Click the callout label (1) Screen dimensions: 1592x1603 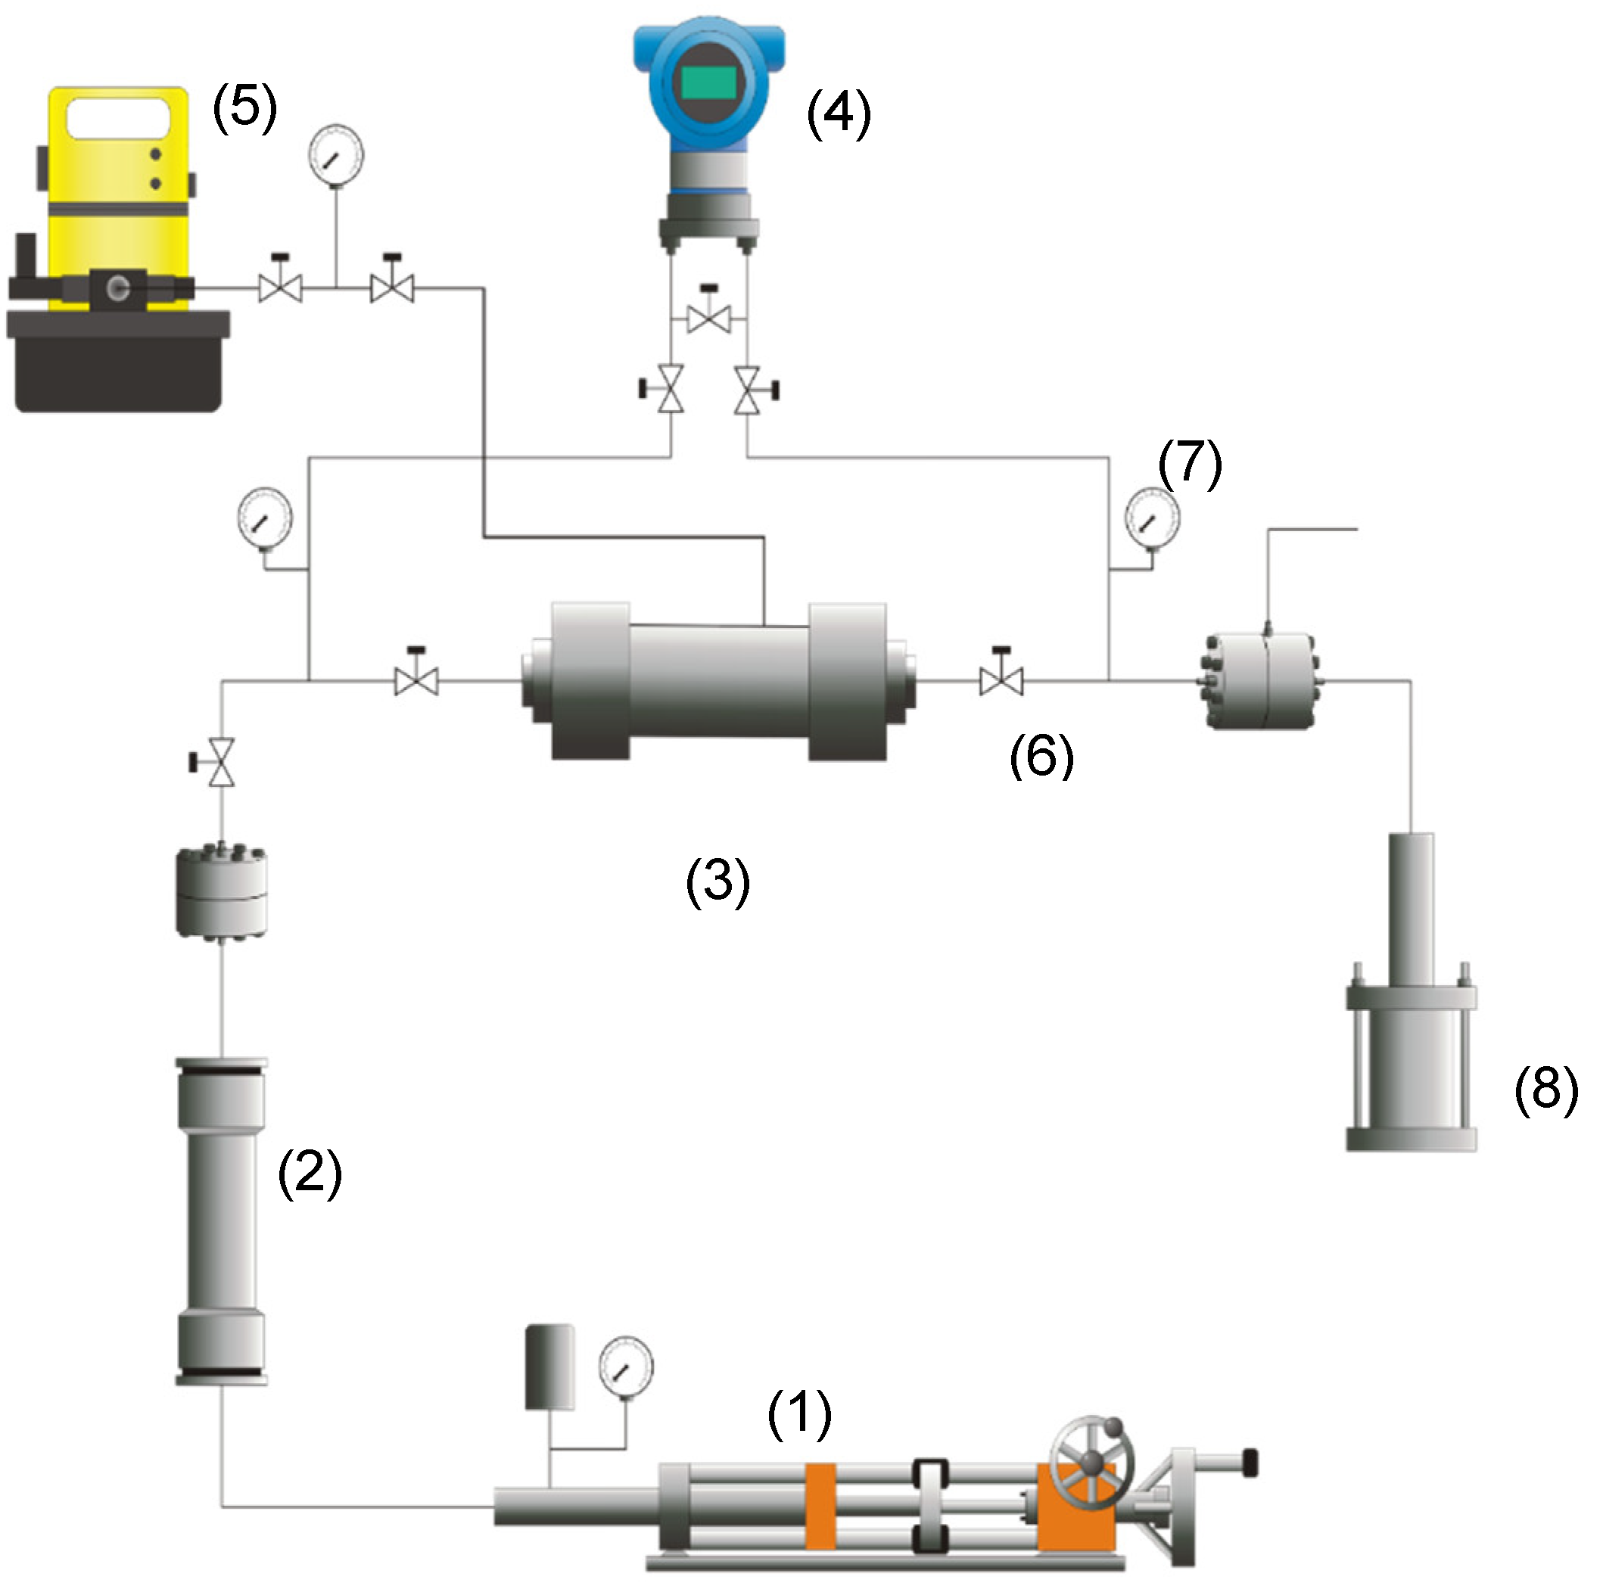[x=799, y=1414]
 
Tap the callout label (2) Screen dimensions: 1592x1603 [x=310, y=1173]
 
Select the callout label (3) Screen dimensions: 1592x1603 [x=717, y=882]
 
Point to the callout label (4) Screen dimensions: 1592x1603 [x=839, y=113]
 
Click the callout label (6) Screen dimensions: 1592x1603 [x=1041, y=755]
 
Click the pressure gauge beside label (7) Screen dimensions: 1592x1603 [x=1152, y=518]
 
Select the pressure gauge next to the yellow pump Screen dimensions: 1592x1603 [x=336, y=154]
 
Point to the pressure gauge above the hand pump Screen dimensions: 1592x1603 [x=627, y=1367]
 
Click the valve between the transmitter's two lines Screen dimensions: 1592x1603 [x=709, y=317]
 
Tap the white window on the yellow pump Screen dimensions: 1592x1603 [x=118, y=118]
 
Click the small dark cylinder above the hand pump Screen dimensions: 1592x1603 [x=549, y=1367]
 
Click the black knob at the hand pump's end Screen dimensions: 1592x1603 [x=1250, y=1462]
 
